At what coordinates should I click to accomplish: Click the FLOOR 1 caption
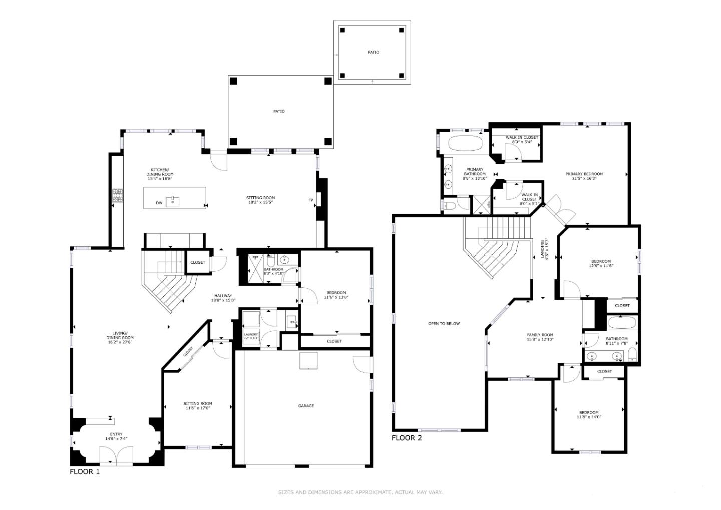85,471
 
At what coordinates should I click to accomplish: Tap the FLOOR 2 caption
407,438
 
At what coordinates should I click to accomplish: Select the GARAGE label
306,406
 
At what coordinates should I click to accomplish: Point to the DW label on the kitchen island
159,203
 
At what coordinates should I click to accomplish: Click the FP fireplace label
310,200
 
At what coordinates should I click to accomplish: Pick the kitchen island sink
174,201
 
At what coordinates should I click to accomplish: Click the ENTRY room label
116,434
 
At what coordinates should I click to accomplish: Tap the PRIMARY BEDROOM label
584,174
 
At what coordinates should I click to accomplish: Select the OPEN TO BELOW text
444,324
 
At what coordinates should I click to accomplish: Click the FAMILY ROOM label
540,335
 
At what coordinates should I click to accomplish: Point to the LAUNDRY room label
251,334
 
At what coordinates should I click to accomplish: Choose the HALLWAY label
223,296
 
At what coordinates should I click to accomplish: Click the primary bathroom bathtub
465,143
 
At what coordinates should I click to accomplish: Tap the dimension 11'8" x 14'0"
589,417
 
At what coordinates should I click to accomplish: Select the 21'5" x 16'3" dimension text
584,178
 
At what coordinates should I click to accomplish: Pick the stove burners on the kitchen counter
118,195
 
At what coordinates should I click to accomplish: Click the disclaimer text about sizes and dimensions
360,492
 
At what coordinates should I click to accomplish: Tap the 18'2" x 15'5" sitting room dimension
260,202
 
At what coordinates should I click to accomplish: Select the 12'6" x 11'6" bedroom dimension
601,266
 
